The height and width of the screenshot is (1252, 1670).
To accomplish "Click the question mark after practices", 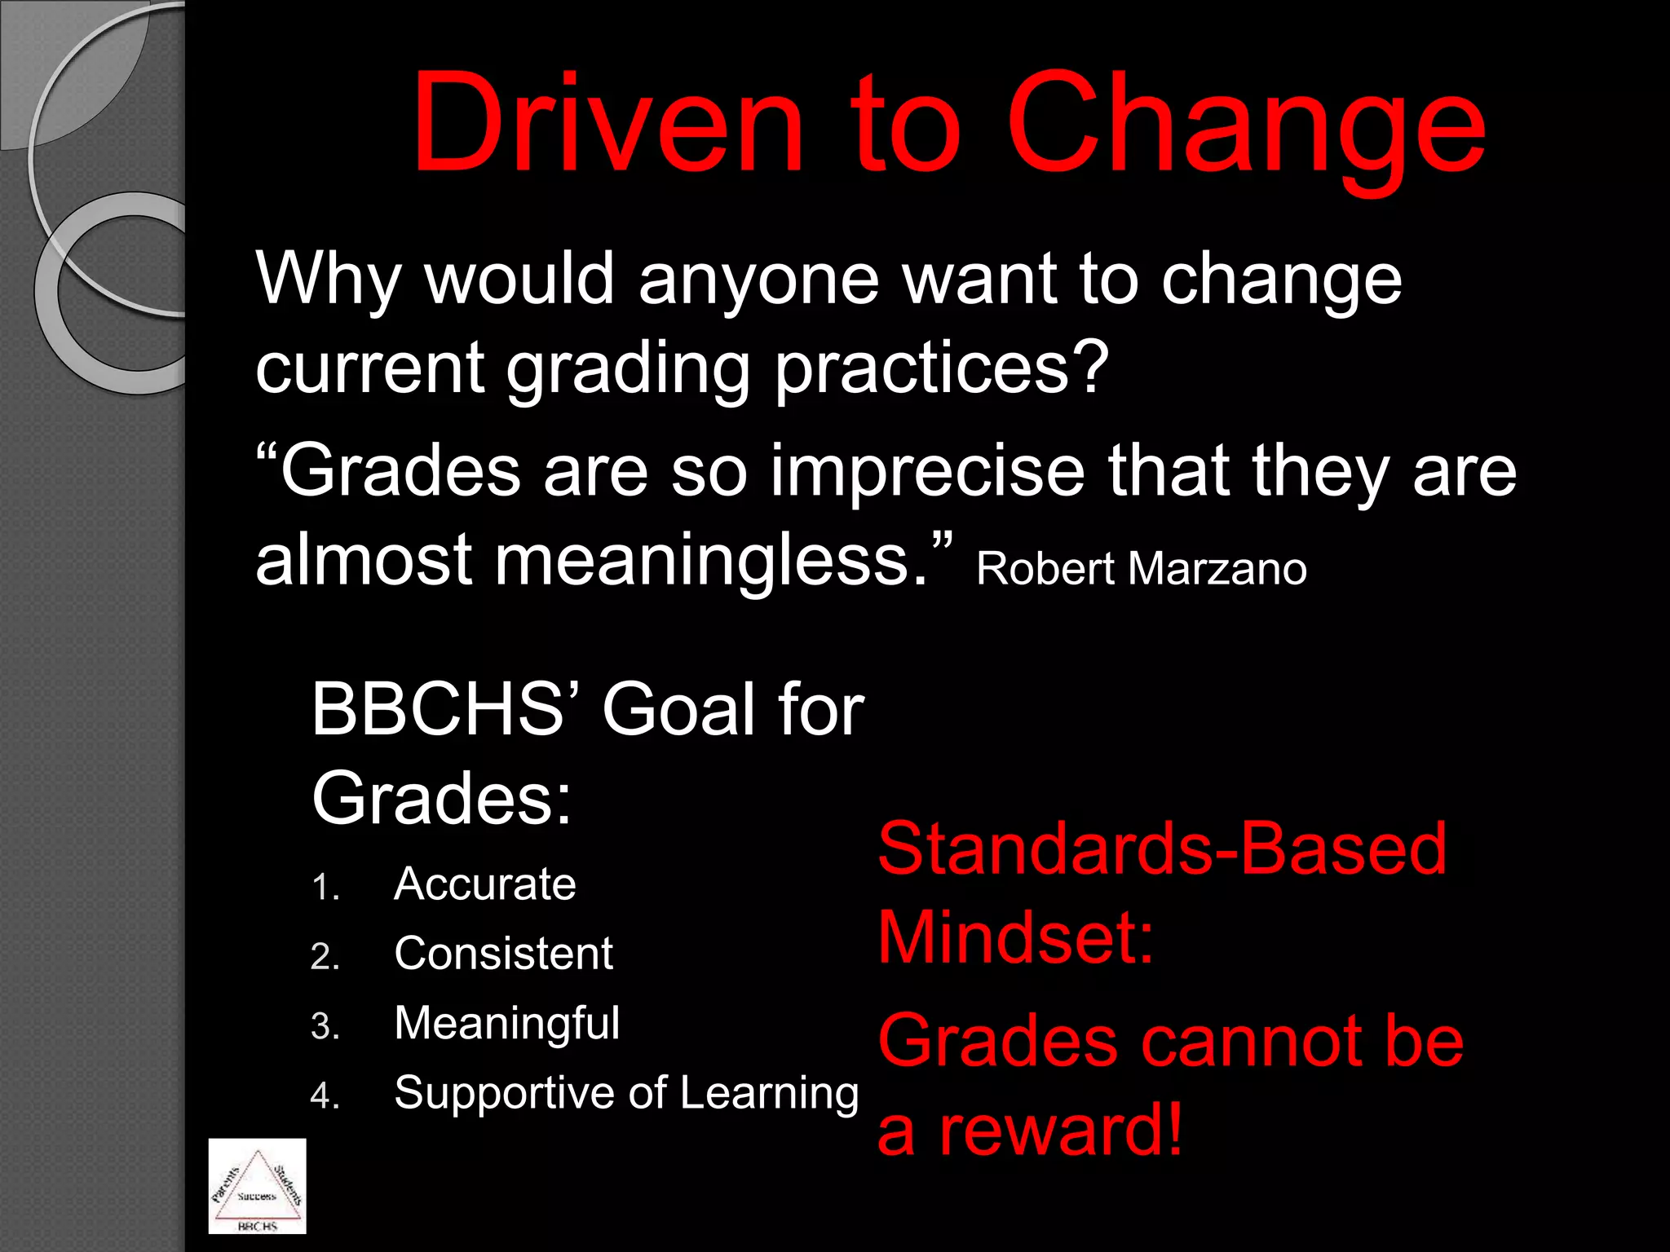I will pos(1089,367).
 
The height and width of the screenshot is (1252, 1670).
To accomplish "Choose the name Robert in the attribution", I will pos(1045,569).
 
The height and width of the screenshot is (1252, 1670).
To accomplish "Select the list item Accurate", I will pos(484,884).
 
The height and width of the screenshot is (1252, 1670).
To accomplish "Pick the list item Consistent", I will pos(503,954).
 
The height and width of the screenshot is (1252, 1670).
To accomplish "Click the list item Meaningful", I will pos(506,1024).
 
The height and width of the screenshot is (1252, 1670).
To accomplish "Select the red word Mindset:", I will pos(1015,938).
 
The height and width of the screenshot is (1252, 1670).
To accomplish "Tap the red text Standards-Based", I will pos(1162,849).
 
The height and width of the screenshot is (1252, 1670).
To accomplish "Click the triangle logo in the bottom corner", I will pos(258,1185).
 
